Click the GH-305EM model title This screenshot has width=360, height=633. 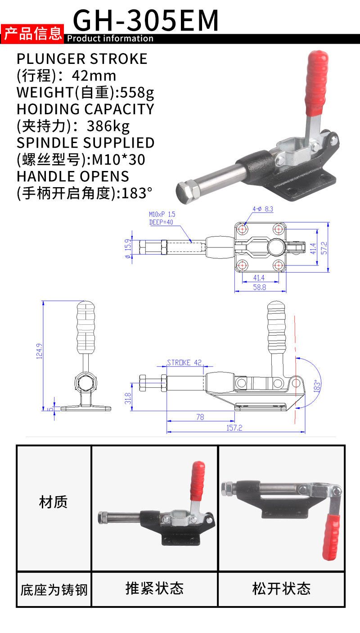145,20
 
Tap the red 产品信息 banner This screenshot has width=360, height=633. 32,34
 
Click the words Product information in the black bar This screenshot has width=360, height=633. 110,38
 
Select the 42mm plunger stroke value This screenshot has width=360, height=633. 94,76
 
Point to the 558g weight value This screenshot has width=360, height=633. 137,93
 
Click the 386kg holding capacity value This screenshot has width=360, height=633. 108,126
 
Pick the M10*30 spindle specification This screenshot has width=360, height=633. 119,160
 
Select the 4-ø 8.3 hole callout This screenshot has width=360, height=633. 263,209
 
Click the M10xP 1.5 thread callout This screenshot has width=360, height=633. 162,215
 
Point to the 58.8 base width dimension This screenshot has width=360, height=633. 259,287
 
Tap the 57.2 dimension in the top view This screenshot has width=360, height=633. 324,248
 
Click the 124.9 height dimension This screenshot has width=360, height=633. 39,351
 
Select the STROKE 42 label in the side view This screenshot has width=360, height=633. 184,363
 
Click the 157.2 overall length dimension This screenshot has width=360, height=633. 234,428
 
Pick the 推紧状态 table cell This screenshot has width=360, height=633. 154,588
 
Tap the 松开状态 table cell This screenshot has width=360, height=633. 281,588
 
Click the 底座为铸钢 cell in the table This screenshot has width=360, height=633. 54,590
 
